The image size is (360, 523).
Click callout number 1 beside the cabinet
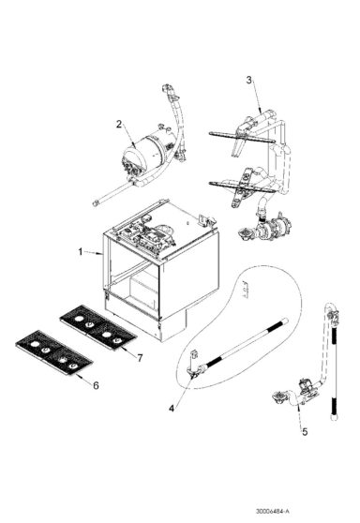(x=82, y=251)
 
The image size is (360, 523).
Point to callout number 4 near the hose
(x=172, y=408)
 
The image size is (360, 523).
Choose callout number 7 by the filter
(x=139, y=357)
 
